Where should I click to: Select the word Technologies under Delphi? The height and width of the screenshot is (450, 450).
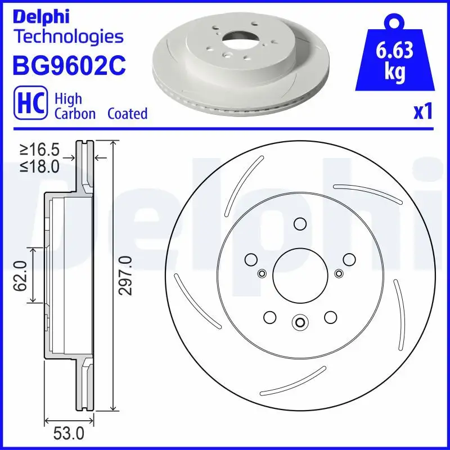point(68,37)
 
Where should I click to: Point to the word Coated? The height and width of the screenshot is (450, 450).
point(127,114)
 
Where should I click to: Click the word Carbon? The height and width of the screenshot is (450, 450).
point(75,114)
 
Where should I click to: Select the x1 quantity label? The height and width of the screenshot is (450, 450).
point(422,112)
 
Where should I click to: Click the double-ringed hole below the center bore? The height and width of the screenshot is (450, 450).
point(299,323)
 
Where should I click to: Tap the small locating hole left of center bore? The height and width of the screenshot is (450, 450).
point(261,273)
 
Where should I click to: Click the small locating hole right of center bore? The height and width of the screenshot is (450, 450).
point(338,273)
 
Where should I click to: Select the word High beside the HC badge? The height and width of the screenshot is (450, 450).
point(68,98)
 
